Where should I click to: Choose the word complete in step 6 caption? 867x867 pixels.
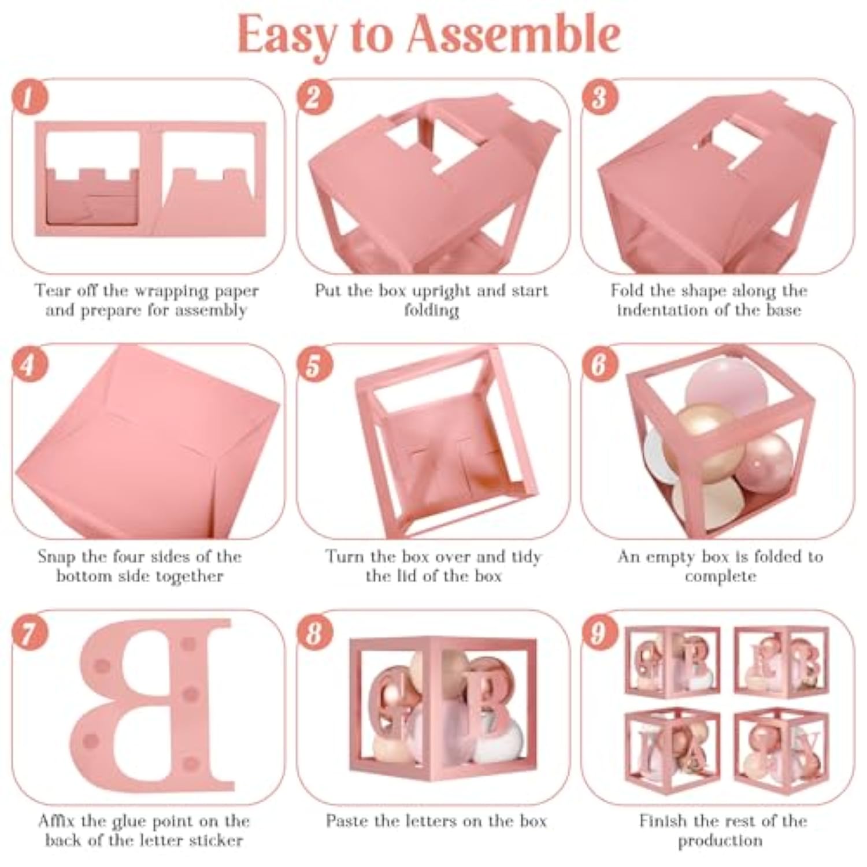[720, 577]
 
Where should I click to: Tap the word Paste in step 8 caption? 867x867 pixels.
[345, 821]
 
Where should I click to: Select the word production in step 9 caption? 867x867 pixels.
[720, 841]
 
